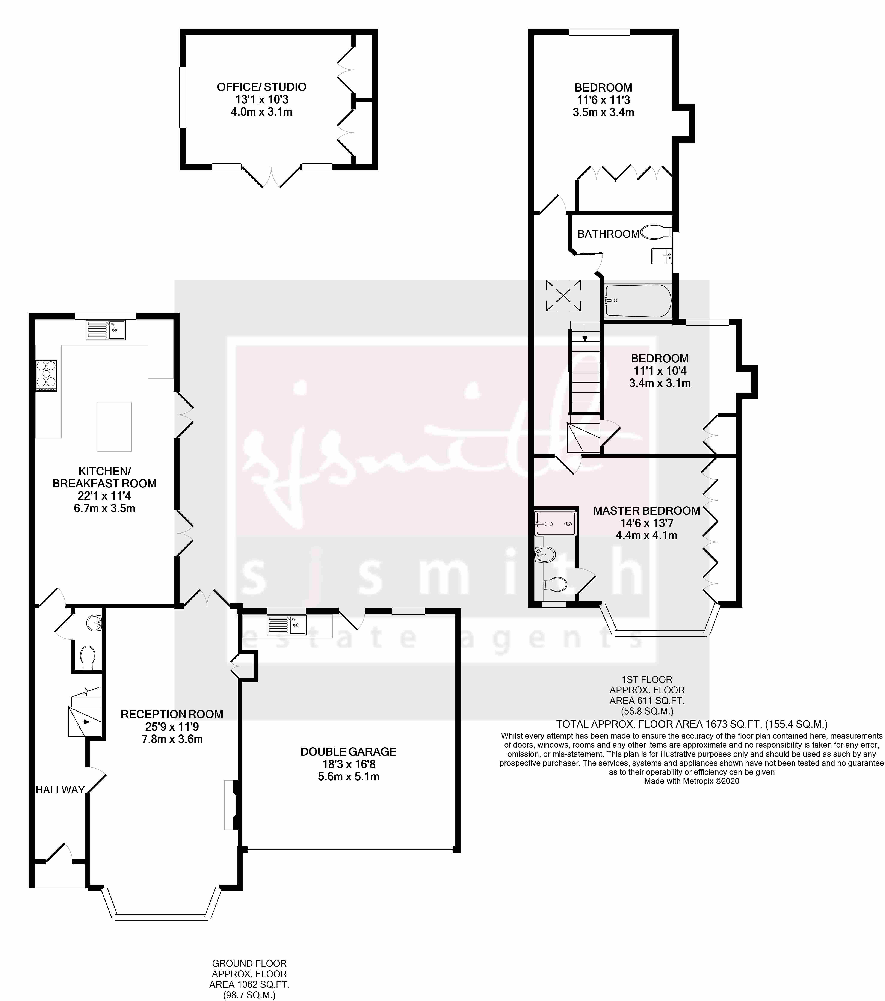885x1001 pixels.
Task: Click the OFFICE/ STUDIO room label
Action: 261,87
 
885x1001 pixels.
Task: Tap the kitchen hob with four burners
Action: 46,376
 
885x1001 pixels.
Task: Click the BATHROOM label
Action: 608,234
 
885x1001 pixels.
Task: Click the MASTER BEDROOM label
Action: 646,511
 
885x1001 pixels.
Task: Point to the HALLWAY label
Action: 60,789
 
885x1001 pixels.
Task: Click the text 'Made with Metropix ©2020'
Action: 692,781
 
